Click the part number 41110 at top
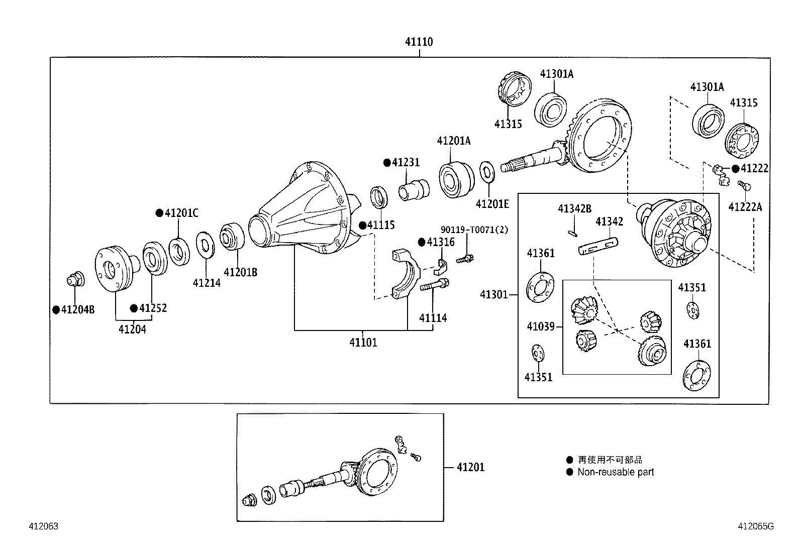pos(419,42)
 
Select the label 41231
pos(406,163)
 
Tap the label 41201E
pos(492,203)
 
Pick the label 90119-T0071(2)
pos(474,230)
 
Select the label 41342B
pos(574,208)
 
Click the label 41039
pos(540,327)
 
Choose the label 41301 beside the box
pos(493,295)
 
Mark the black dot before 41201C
pos(159,213)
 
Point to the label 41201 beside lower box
pos(470,467)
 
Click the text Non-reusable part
pos(616,472)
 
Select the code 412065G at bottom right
pos(755,526)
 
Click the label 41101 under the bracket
pos(363,343)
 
